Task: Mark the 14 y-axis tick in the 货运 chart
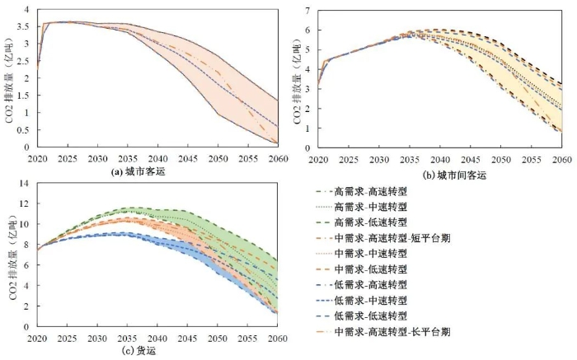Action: tap(24, 183)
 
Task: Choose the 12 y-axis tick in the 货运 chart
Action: tap(24, 203)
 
